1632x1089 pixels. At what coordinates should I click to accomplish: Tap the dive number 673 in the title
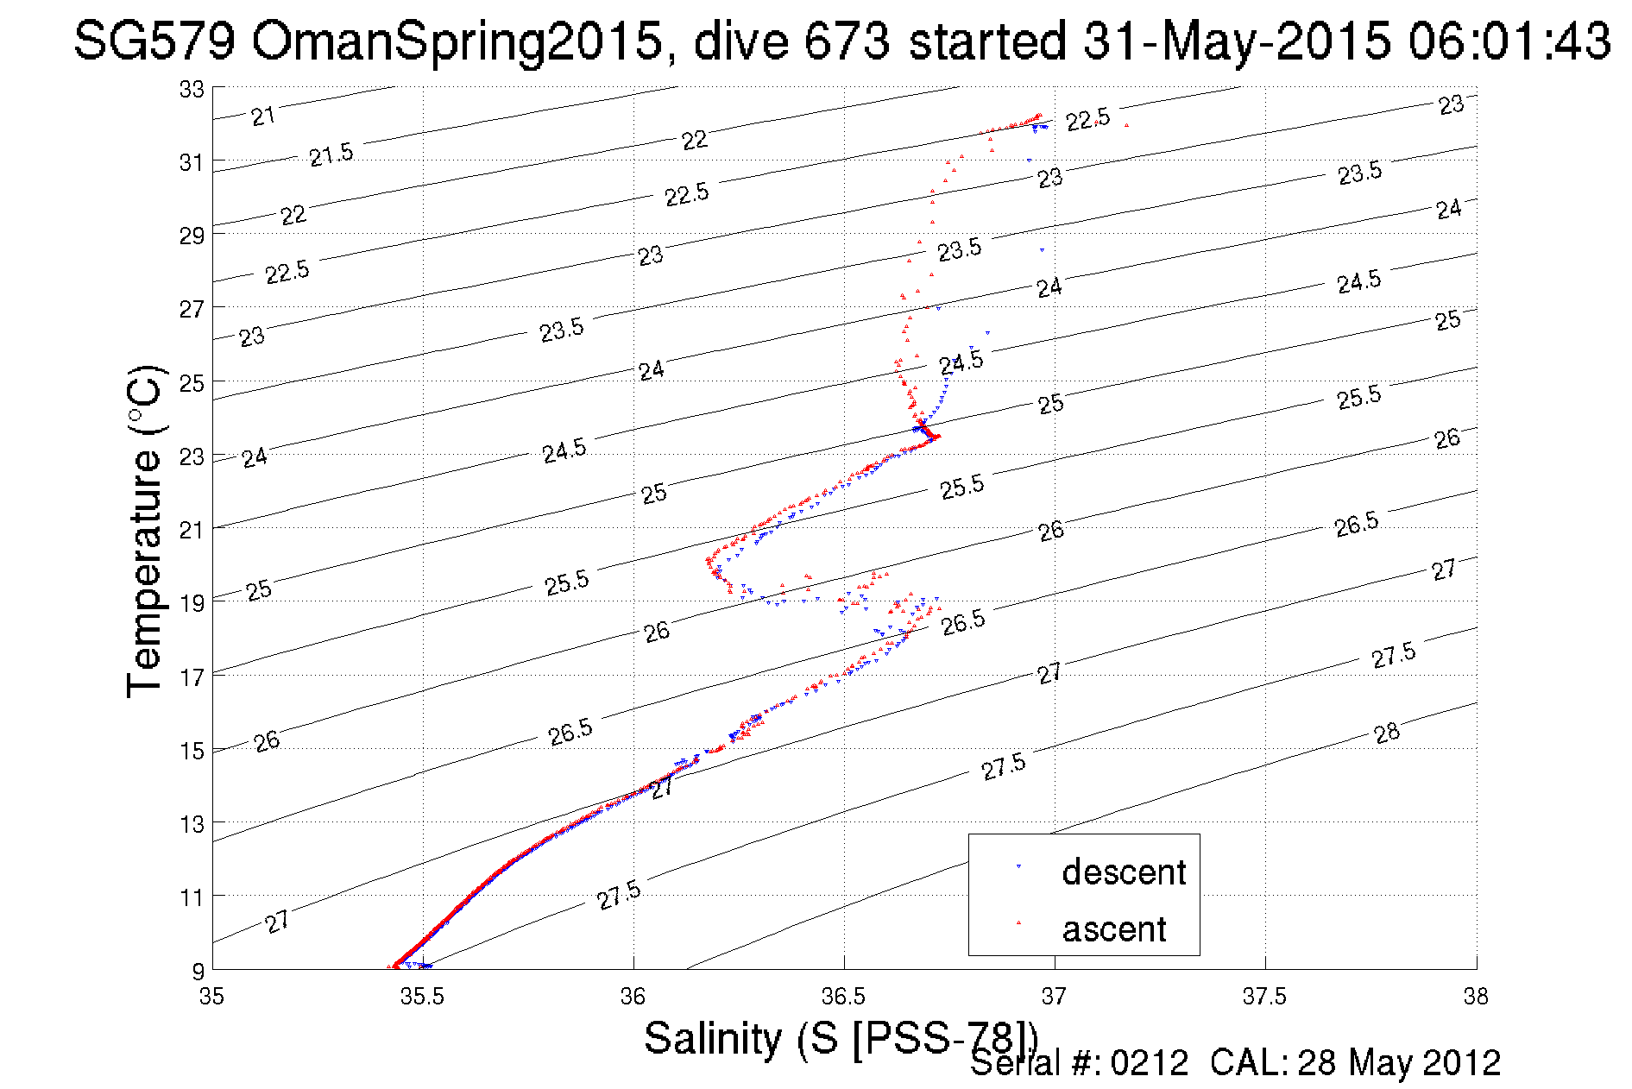point(846,41)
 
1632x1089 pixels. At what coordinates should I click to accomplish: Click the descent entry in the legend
point(1123,872)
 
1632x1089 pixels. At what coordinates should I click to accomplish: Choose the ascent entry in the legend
point(1113,928)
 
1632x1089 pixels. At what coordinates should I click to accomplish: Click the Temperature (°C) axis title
point(144,531)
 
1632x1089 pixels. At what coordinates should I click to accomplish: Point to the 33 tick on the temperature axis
point(192,89)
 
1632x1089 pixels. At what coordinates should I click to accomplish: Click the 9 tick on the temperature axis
point(198,971)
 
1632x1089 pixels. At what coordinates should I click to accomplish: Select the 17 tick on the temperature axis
point(192,677)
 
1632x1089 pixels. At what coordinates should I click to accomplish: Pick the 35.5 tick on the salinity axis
point(422,997)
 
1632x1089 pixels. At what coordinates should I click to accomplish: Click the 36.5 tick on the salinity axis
point(843,997)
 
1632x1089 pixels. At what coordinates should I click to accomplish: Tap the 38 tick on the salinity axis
point(1476,997)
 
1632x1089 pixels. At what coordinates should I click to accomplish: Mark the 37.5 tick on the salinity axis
point(1264,997)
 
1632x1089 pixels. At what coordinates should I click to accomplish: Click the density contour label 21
point(263,116)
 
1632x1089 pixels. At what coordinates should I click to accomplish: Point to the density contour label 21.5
point(331,155)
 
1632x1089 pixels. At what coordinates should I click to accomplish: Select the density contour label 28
point(1386,733)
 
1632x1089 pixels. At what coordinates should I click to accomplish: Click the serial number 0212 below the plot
point(1149,1063)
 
